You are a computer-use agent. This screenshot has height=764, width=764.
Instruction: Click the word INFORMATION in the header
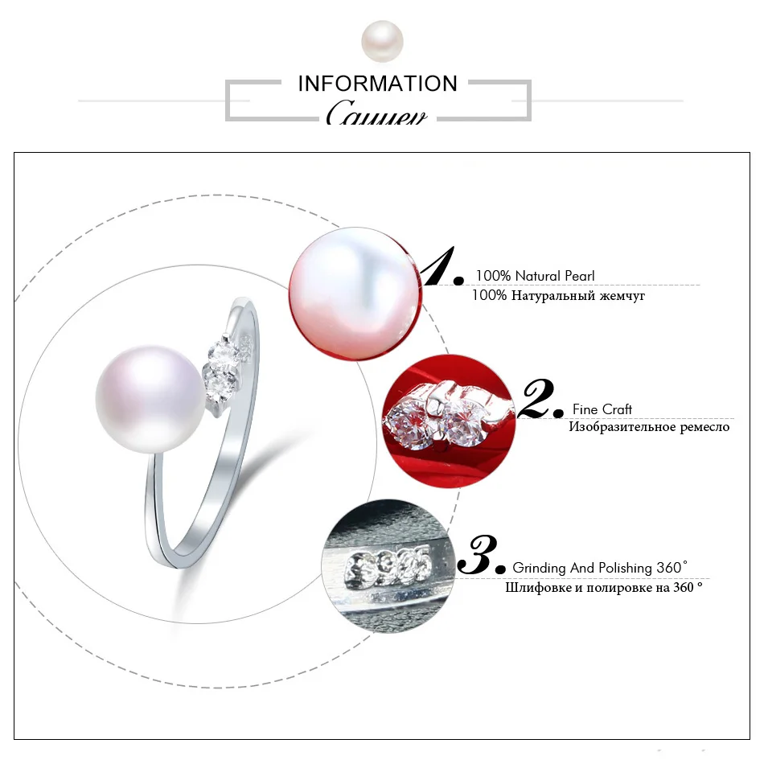[377, 84]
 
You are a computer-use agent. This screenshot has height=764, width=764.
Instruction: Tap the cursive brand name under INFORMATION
[376, 114]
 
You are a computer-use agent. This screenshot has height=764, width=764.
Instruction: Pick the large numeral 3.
[480, 554]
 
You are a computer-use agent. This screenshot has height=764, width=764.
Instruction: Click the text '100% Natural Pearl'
[535, 276]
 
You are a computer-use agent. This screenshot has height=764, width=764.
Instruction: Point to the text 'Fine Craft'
[602, 409]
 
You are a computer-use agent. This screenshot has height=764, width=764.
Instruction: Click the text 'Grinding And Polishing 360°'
[600, 568]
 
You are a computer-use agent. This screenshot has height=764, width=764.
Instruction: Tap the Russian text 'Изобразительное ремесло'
[649, 427]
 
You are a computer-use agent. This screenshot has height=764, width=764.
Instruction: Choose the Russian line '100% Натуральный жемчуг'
[557, 296]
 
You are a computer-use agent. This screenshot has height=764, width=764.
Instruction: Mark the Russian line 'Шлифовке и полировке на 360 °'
[603, 587]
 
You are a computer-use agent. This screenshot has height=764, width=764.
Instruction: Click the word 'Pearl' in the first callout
[579, 276]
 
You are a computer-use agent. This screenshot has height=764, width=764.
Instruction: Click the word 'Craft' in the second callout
[617, 409]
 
